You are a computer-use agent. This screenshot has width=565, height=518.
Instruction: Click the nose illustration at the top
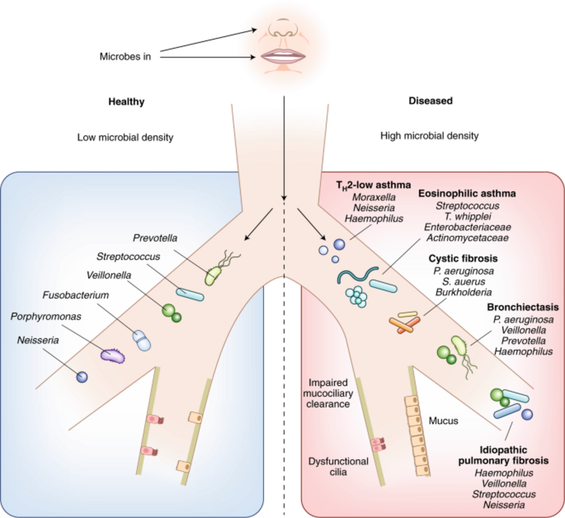pos(283,28)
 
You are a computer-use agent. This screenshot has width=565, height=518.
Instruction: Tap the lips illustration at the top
pos(283,56)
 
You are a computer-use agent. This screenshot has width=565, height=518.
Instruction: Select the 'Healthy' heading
pos(126,102)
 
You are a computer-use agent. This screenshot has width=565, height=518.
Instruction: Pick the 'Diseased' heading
pos(430,102)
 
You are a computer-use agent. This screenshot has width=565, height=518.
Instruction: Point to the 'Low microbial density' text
pos(126,137)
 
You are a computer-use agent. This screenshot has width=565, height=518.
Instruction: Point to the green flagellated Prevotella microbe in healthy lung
pos(214,275)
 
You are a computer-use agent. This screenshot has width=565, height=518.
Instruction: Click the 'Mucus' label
pos(443,421)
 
